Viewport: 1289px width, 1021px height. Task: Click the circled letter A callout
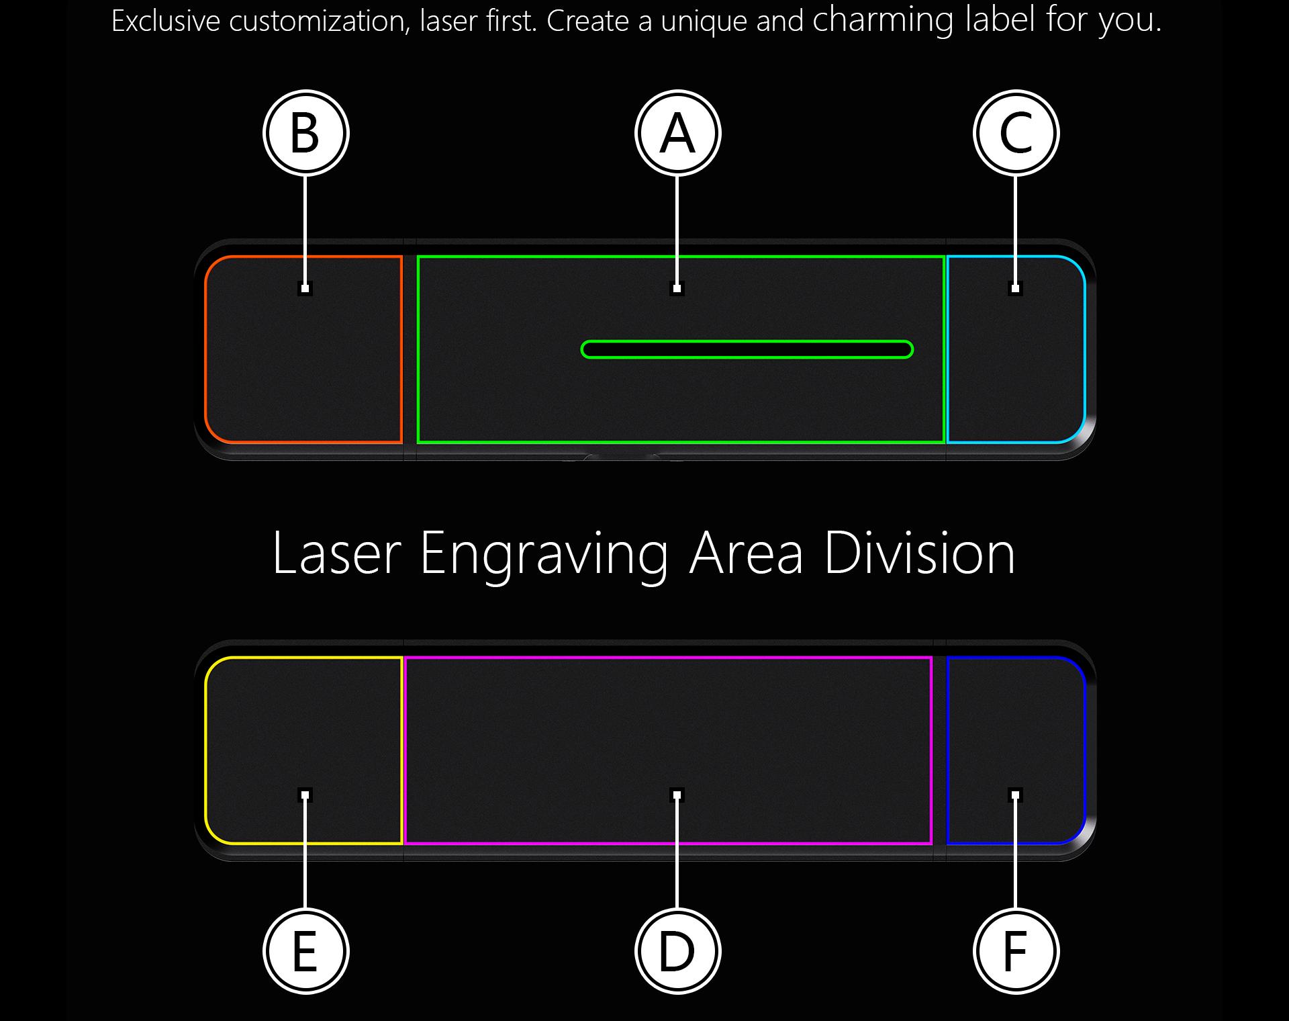click(677, 133)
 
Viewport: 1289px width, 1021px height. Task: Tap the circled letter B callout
click(305, 133)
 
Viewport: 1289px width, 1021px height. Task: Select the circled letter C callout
click(1016, 133)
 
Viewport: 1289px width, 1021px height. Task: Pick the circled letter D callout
click(677, 951)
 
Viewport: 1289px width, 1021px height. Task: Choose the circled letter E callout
click(305, 951)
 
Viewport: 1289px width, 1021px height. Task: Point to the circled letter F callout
click(1016, 951)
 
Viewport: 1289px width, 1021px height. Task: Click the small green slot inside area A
click(747, 349)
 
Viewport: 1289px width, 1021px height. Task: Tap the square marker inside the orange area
click(305, 289)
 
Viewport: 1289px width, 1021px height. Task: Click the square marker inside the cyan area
click(1016, 289)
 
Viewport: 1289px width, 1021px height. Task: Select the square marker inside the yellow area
click(305, 795)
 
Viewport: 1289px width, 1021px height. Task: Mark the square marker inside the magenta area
click(677, 795)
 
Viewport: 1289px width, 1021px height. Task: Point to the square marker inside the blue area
click(1016, 795)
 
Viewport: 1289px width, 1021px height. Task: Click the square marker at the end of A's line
click(677, 289)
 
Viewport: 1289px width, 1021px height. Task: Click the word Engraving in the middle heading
click(544, 555)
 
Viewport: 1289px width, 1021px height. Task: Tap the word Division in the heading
click(919, 553)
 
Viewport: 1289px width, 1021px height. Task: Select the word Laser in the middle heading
click(336, 553)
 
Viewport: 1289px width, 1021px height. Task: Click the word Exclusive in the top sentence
click(165, 21)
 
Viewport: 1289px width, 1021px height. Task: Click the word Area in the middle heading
click(746, 553)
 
